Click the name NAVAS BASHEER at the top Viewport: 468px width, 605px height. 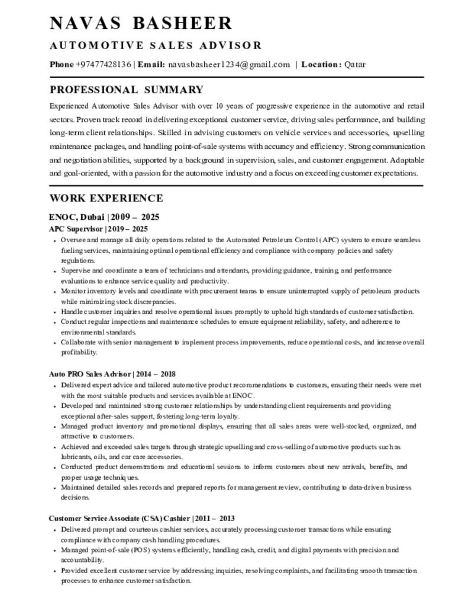(141, 23)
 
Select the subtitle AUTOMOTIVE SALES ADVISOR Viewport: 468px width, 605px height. (155, 45)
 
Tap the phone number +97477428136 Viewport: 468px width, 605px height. (103, 64)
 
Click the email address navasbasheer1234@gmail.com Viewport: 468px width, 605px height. (229, 64)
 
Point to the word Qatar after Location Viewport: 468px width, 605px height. (355, 64)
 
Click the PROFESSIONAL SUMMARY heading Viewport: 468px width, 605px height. (126, 90)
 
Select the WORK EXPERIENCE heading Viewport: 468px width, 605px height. (106, 198)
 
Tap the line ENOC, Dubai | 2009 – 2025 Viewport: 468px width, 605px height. (104, 217)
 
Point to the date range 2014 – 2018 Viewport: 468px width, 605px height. (155, 374)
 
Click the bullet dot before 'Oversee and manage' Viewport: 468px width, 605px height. (55, 241)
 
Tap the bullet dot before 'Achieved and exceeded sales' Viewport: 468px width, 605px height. (55, 447)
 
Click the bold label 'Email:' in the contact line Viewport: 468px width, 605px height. (151, 64)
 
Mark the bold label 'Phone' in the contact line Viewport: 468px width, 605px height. (62, 64)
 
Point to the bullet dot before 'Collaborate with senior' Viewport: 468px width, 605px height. (55, 343)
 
